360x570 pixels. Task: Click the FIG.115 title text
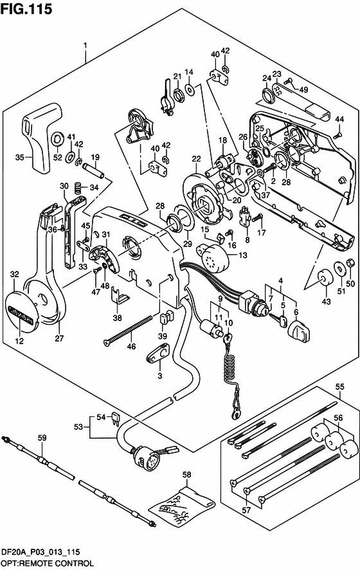coord(26,9)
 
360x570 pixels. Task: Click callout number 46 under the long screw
coord(131,346)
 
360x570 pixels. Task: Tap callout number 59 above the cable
coord(42,437)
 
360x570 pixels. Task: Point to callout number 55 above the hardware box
coord(339,387)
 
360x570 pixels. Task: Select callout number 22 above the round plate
coord(196,159)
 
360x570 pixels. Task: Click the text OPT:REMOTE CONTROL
coord(47,564)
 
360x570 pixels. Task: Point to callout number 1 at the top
coord(85,46)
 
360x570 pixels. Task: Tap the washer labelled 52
coord(57,139)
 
